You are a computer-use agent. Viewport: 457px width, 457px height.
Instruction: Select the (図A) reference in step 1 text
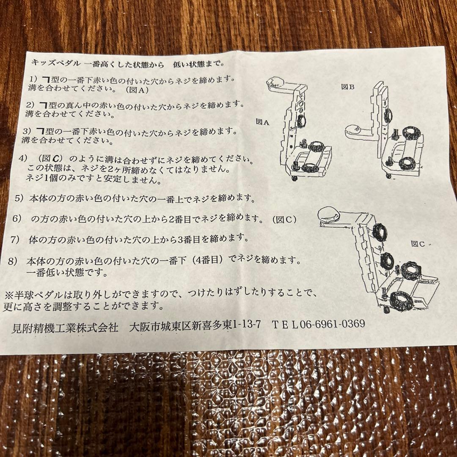(134, 90)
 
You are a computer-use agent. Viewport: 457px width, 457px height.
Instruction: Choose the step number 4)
(24, 158)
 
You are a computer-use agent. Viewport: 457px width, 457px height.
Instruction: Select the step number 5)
(19, 198)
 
